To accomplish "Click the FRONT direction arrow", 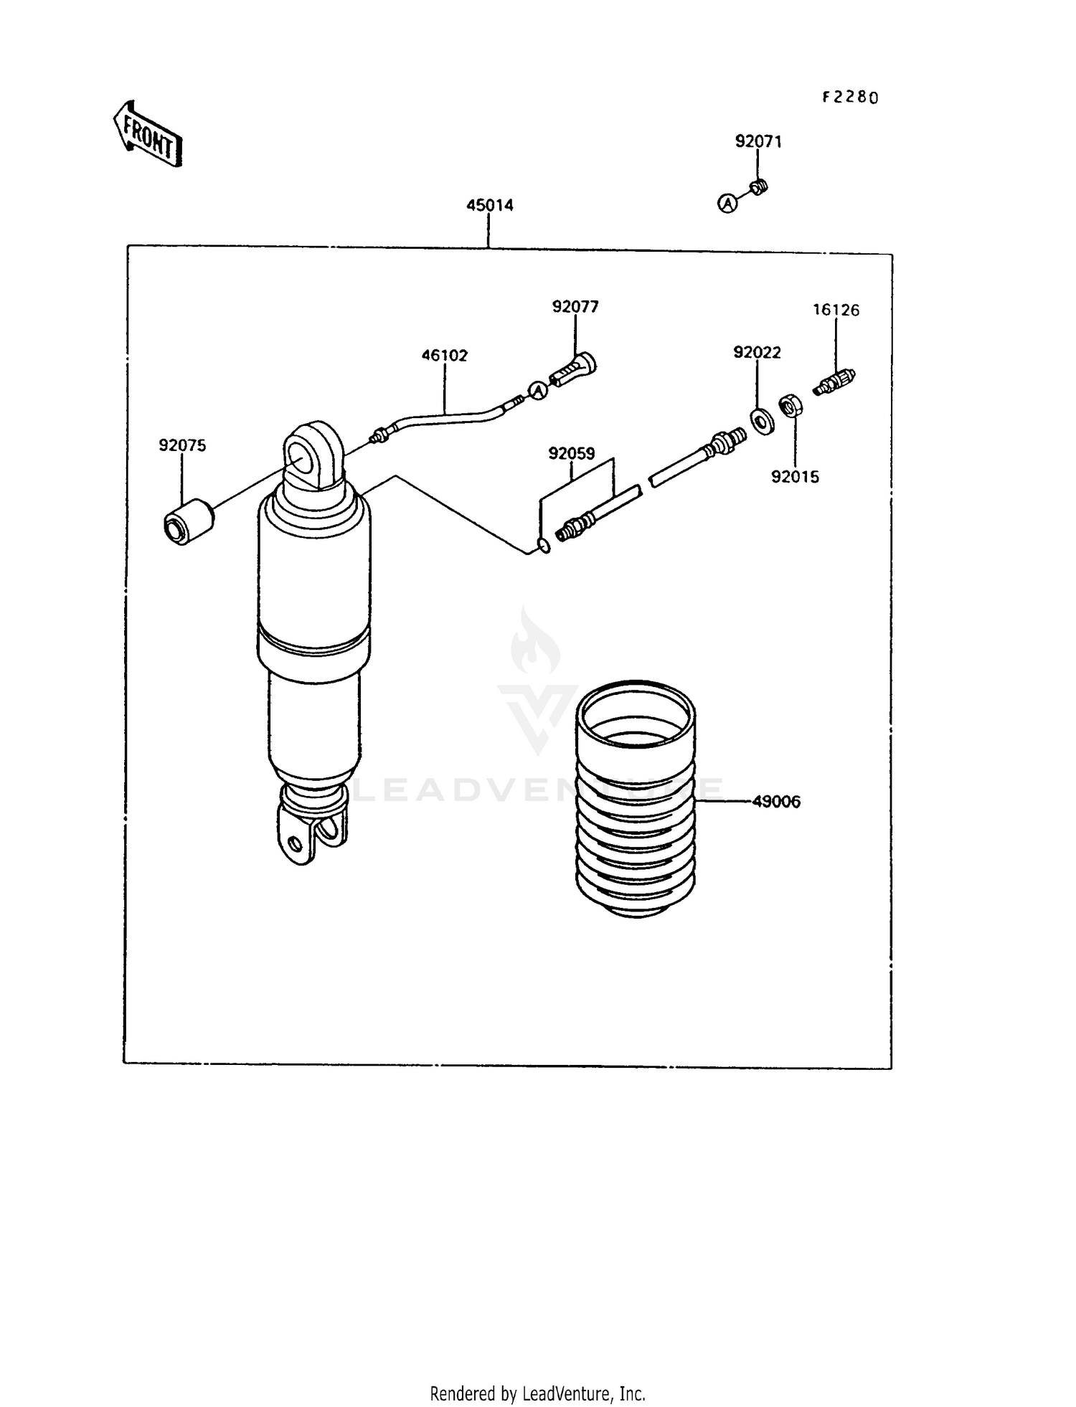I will pos(148,134).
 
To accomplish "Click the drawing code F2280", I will pos(850,98).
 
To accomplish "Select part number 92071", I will pos(758,142).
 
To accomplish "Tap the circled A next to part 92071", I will pos(727,204).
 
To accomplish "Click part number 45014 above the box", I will pos(489,205).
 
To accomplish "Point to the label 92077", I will pos(575,307).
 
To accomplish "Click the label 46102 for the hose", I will pos(444,355).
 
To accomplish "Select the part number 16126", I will pos(836,310).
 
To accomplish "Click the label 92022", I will pos(757,352).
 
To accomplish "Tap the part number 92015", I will pos(795,477).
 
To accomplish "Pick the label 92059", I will pos(571,453).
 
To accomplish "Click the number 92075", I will pos(182,445).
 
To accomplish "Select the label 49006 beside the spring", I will pos(776,802).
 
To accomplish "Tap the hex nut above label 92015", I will pos(791,407).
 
